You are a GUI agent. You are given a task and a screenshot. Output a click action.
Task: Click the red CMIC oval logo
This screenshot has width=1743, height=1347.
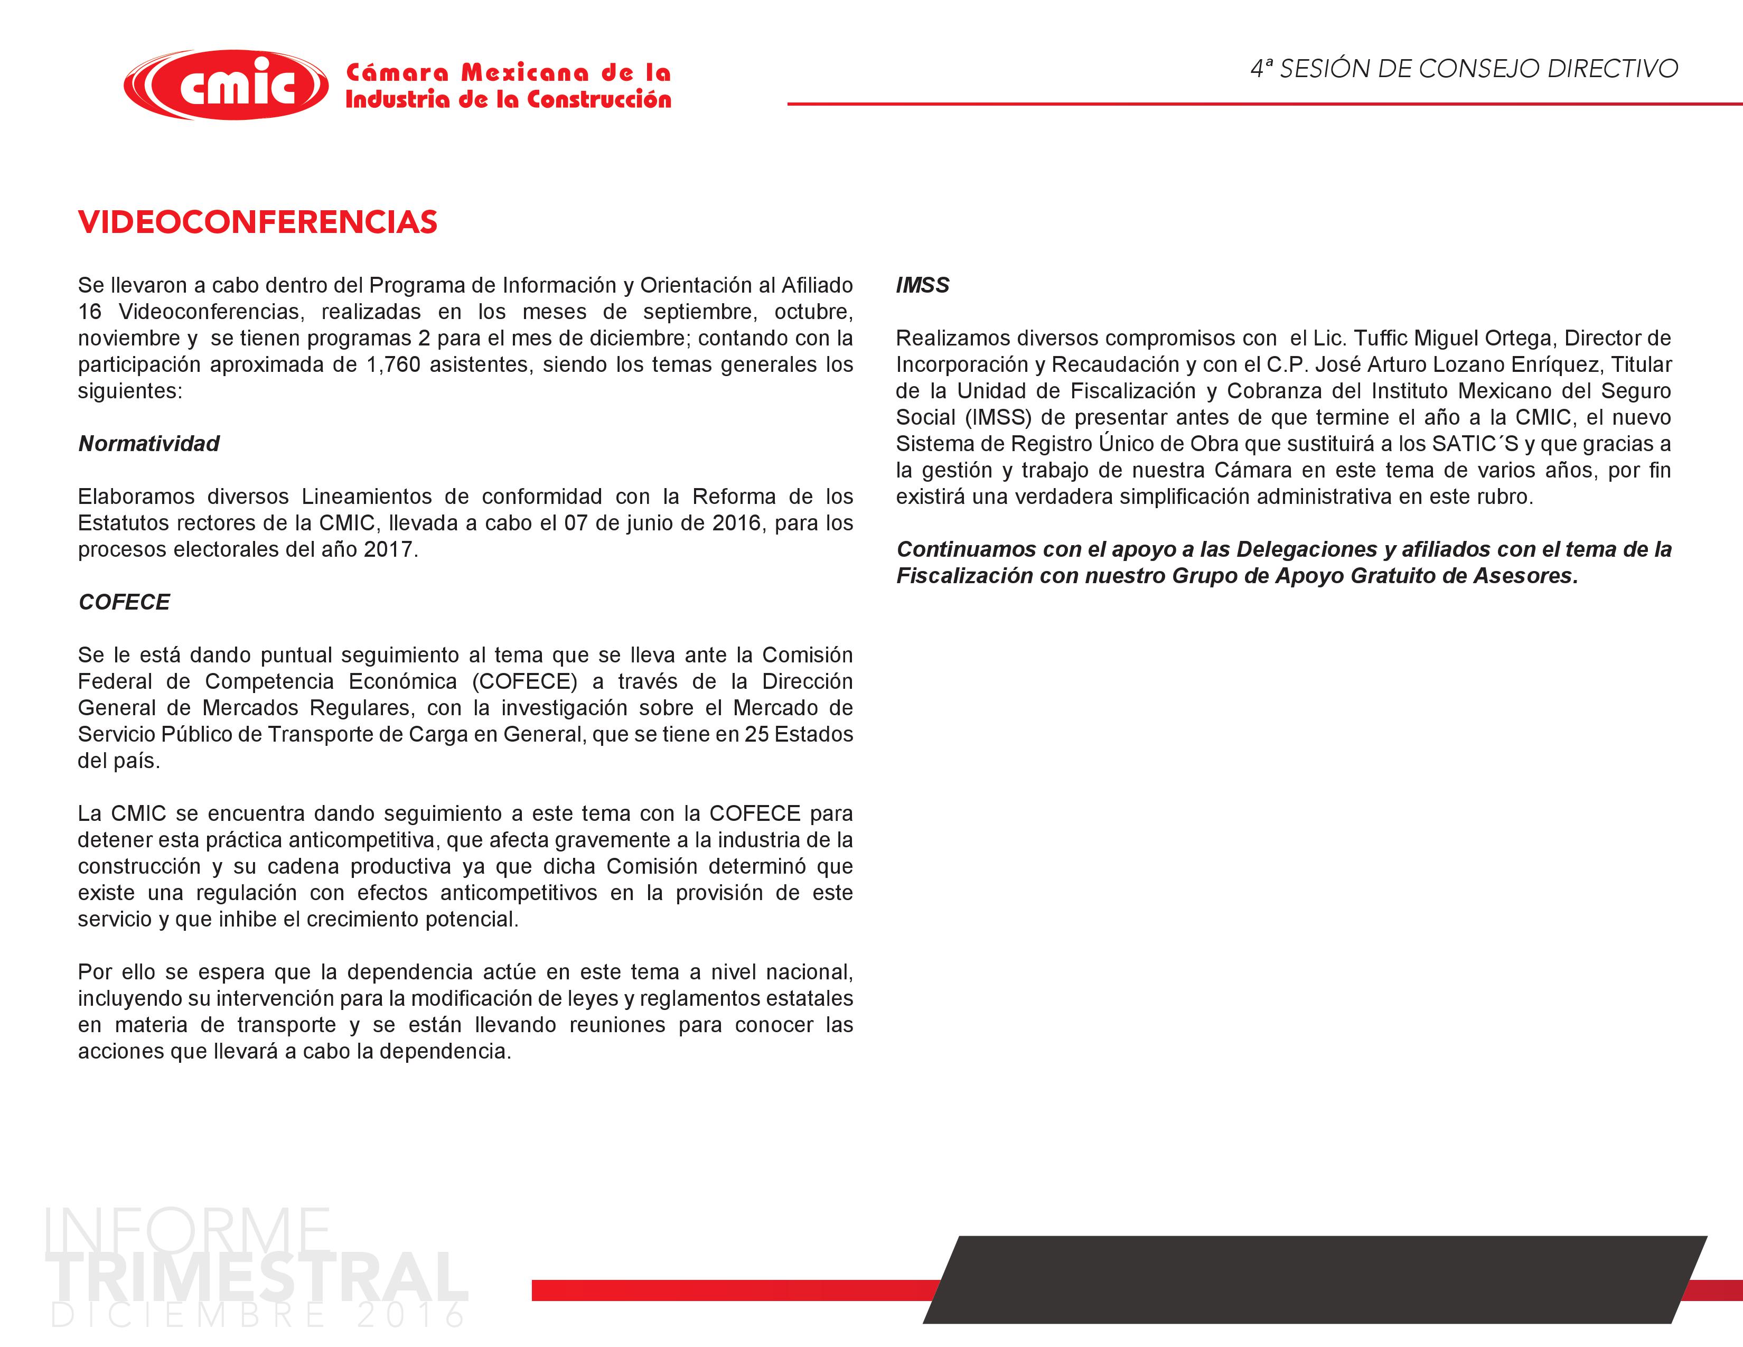pyautogui.click(x=226, y=85)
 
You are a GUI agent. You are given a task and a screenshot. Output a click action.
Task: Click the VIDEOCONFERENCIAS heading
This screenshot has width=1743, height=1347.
pyautogui.click(x=258, y=222)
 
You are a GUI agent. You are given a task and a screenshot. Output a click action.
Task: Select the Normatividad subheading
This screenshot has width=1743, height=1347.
pyautogui.click(x=148, y=444)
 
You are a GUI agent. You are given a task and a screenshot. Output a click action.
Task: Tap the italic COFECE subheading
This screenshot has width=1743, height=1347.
pyautogui.click(x=124, y=602)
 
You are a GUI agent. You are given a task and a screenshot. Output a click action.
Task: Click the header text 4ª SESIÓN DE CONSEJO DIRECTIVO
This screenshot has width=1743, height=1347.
pyautogui.click(x=1464, y=69)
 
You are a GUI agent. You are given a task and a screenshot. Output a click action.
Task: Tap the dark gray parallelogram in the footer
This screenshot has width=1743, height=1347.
pyautogui.click(x=1315, y=1280)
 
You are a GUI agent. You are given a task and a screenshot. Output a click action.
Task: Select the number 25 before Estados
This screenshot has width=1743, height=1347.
pyautogui.click(x=756, y=734)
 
